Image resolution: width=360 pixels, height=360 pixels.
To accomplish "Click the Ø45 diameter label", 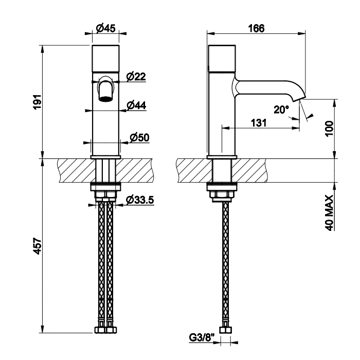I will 105,29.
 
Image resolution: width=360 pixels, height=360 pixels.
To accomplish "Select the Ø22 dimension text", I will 136,77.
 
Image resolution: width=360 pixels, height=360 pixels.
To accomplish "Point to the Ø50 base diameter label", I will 139,137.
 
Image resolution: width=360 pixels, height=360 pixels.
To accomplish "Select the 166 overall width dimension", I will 256,29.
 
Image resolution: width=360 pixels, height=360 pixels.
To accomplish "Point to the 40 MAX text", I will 330,211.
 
